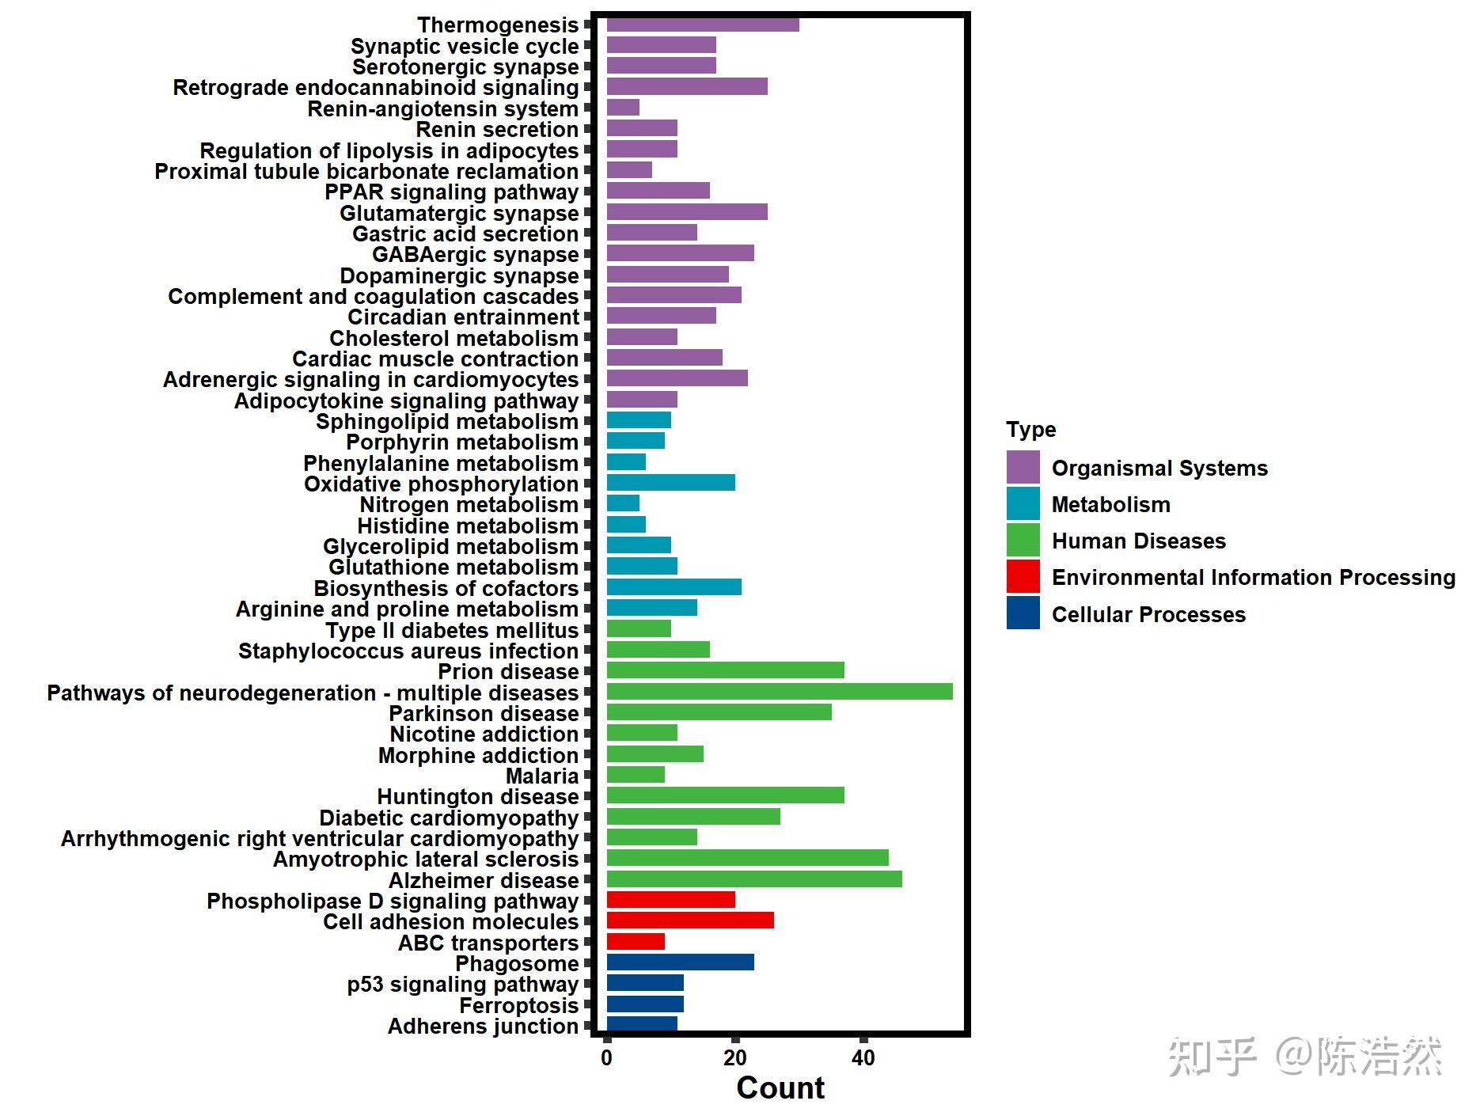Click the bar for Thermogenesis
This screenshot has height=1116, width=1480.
tap(702, 25)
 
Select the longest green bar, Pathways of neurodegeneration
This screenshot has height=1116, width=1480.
tap(779, 692)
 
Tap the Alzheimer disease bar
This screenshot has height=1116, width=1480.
tap(753, 879)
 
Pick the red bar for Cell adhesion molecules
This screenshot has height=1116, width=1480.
tap(689, 921)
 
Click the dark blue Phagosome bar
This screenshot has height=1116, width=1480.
tap(680, 962)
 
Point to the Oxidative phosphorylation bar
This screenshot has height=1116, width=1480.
tap(670, 483)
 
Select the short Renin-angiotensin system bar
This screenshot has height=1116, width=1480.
tap(623, 108)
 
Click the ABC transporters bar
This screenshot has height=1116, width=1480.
tap(636, 942)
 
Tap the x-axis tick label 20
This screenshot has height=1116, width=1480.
tap(735, 1058)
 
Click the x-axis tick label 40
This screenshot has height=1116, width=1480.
tap(863, 1058)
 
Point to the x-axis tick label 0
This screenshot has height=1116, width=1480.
tap(607, 1058)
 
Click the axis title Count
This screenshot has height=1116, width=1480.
tap(780, 1088)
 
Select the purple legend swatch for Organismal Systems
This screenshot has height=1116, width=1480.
tap(1023, 467)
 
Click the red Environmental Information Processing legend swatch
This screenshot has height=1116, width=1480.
tap(1023, 576)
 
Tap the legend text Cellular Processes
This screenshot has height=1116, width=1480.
tap(1148, 614)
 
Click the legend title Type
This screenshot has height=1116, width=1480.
tap(1030, 430)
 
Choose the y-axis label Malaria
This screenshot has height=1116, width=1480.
tap(542, 776)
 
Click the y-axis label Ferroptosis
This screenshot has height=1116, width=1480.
tap(519, 1005)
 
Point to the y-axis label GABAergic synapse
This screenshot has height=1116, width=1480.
tap(476, 255)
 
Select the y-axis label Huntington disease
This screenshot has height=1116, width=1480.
tap(478, 796)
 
